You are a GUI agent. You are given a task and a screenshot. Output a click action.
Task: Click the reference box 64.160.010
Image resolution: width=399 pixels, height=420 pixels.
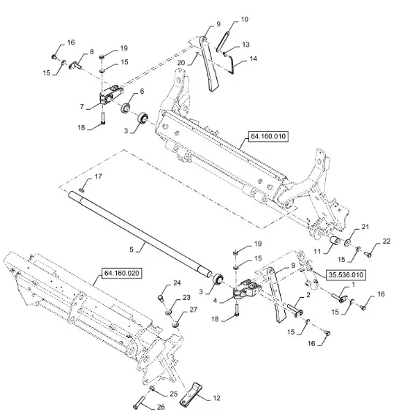click(268, 136)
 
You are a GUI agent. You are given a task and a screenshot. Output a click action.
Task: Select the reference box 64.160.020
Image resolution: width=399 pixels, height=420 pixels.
click(122, 273)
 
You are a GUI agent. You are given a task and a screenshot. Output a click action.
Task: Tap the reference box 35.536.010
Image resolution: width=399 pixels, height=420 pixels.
click(346, 275)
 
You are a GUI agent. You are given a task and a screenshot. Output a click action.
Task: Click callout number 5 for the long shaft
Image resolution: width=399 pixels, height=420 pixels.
click(132, 250)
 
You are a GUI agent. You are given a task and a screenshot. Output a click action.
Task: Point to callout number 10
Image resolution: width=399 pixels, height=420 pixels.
click(244, 20)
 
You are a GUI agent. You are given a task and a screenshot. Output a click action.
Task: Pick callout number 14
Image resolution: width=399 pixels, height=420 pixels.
click(253, 59)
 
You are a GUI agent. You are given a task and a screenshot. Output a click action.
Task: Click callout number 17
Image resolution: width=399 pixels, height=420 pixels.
click(99, 176)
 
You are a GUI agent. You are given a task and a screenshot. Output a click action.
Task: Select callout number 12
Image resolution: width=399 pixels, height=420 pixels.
click(216, 398)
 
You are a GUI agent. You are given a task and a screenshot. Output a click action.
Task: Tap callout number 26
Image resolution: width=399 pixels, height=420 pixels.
click(161, 407)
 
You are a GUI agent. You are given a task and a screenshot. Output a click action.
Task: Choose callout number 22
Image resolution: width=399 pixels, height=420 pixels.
click(387, 241)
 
